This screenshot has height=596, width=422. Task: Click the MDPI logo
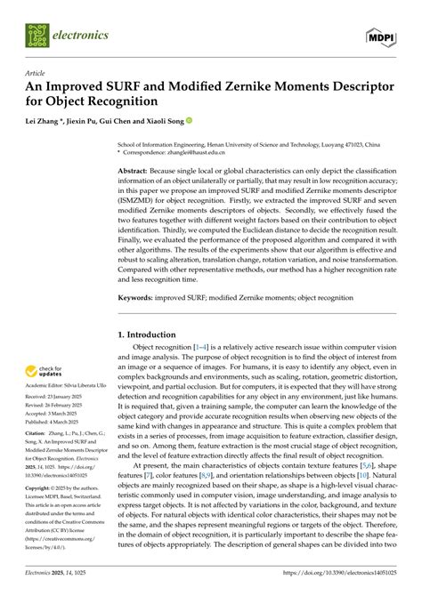click(382, 36)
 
